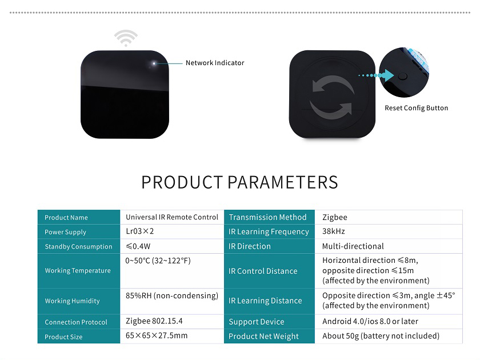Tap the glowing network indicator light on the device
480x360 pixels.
point(154,63)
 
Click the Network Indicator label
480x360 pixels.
point(215,63)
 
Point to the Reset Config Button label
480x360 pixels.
point(417,108)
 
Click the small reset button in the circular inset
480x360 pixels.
point(403,76)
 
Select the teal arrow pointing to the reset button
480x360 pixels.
point(376,75)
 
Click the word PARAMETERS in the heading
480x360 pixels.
point(283,182)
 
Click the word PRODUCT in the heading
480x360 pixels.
point(182,182)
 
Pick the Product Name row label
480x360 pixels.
point(66,218)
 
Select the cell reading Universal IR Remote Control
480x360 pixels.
point(172,217)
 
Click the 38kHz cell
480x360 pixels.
point(333,231)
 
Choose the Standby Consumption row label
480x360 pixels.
point(78,246)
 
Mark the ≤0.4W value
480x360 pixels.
point(138,246)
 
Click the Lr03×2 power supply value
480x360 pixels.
point(139,231)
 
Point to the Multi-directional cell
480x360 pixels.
point(353,246)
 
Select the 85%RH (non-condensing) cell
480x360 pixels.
point(172,296)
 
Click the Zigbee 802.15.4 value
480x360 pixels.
point(154,321)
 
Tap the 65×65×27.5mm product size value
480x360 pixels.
point(157,335)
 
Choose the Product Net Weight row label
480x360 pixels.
point(263,336)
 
